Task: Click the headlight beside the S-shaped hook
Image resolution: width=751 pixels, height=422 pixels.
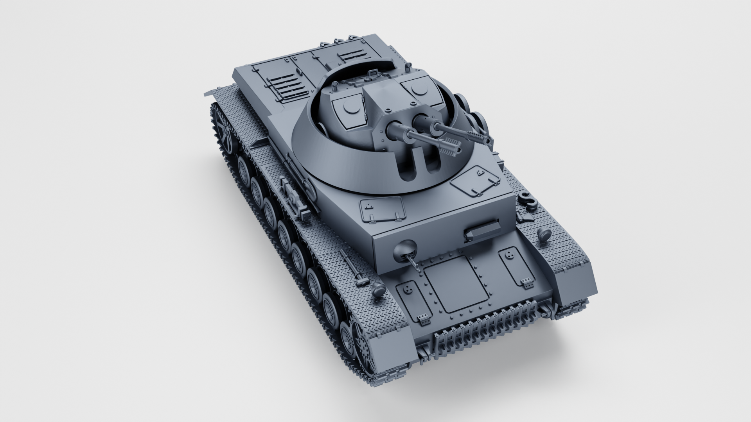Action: (x=544, y=235)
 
